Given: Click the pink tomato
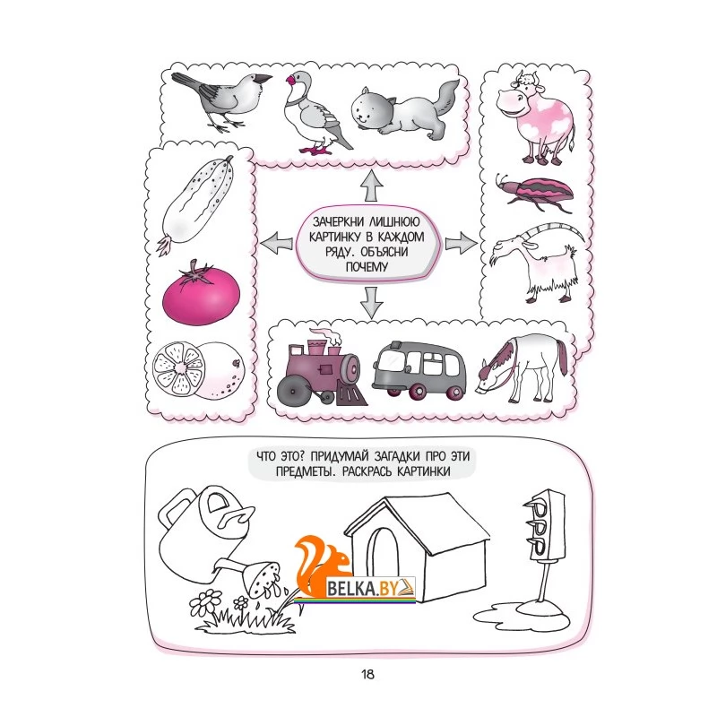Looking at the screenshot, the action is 201,293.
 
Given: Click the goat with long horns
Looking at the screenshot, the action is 537,262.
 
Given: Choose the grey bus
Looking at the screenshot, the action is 419,369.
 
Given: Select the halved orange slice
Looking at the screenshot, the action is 178,369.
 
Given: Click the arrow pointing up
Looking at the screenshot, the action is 371,186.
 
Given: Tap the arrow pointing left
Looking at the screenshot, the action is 276,241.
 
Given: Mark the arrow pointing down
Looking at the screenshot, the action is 371,303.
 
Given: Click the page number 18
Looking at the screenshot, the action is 367,674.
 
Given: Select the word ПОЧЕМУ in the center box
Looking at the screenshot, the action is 367,266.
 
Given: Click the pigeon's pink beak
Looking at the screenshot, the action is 289,82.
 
